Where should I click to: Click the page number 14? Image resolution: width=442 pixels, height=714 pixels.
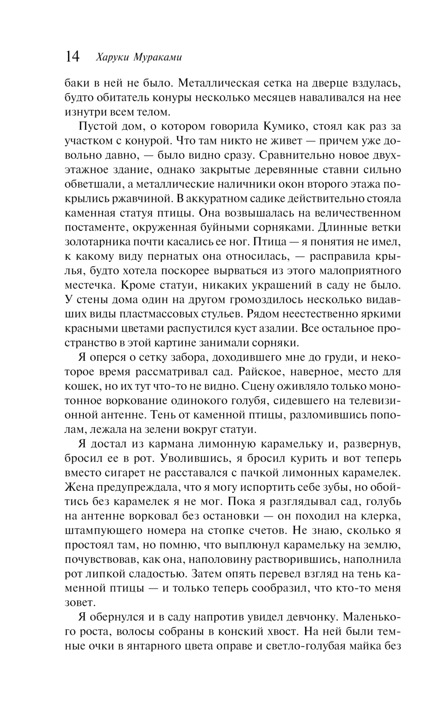click(72, 57)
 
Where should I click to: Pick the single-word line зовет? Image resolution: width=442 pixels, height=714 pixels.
click(79, 603)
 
